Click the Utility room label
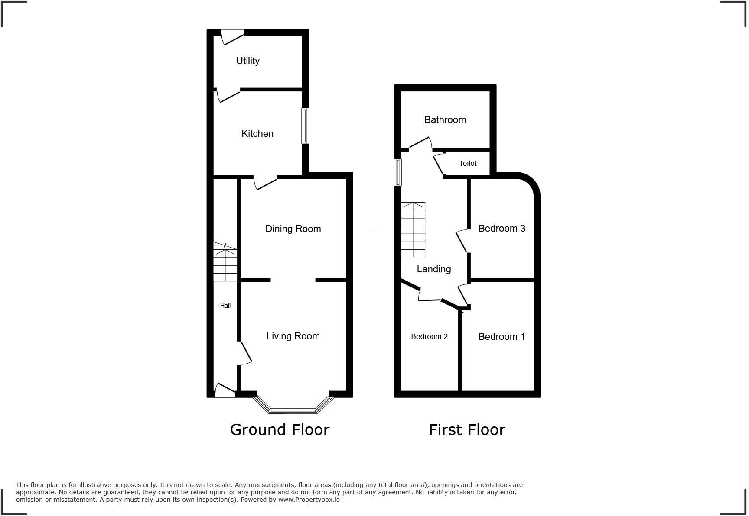coord(247,61)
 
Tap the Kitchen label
coord(257,134)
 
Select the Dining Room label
coord(293,229)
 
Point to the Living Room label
coord(293,336)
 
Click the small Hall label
coord(225,306)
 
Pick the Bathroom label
coord(445,120)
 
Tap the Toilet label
coord(468,164)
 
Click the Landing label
coord(433,269)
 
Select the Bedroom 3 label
coord(502,229)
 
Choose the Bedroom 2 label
coord(429,337)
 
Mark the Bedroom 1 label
coord(502,337)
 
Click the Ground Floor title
coord(280,430)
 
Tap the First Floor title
coord(467,430)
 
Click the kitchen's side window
coord(305,126)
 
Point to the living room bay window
coord(293,410)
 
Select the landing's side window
coord(397,172)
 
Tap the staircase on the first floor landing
coord(413,229)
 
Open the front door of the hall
coord(225,391)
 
